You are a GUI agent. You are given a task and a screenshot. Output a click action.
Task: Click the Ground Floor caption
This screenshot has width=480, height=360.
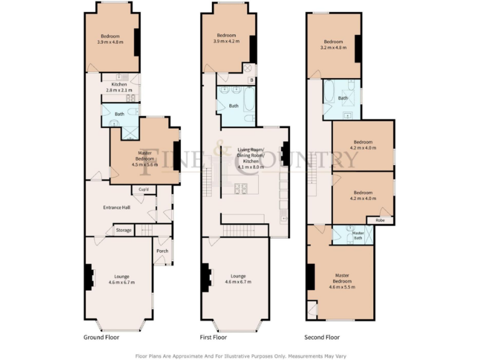click(x=101, y=337)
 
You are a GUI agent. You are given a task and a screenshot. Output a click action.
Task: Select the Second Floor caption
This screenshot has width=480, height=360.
click(x=322, y=337)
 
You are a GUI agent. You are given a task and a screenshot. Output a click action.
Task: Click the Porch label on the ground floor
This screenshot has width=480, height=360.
click(x=162, y=251)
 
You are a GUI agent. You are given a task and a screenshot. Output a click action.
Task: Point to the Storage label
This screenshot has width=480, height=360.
click(x=124, y=231)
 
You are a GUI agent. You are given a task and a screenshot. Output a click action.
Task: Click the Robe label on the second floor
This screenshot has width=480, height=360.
click(x=380, y=220)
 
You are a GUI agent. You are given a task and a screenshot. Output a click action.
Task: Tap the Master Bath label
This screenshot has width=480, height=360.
click(x=358, y=236)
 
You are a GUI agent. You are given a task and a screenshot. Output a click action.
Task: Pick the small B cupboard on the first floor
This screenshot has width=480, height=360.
click(x=251, y=80)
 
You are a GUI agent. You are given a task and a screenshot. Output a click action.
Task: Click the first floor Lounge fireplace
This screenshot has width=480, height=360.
click(x=206, y=276)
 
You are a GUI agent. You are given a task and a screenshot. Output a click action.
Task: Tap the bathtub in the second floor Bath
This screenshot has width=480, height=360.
click(x=329, y=93)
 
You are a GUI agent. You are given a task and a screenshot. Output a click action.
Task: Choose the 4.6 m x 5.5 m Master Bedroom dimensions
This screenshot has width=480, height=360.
click(x=341, y=287)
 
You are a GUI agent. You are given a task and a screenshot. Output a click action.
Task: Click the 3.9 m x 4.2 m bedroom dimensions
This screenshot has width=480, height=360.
click(x=229, y=42)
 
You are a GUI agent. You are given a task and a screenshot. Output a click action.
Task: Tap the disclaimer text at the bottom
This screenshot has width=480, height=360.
click(x=240, y=356)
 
